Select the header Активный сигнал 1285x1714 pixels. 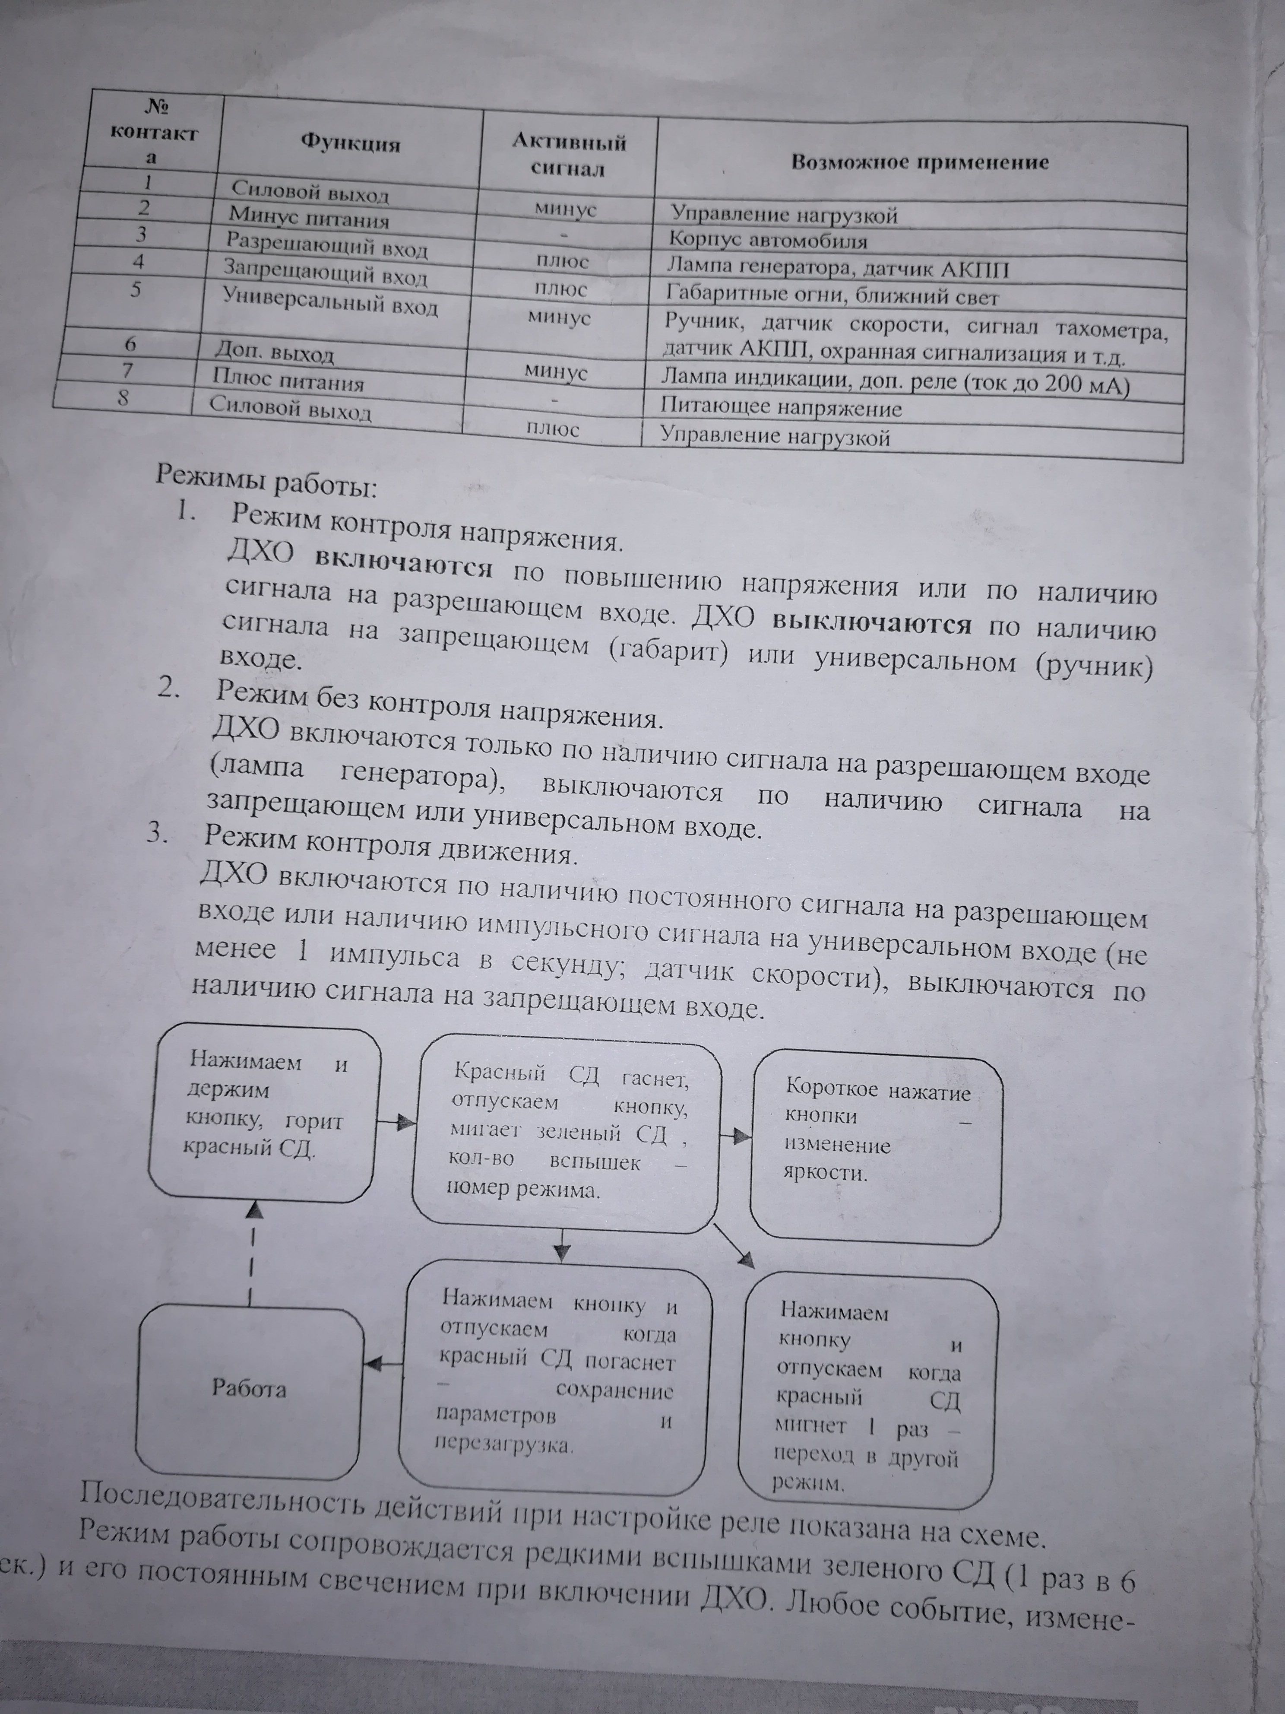point(569,155)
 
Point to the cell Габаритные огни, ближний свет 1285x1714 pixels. point(832,296)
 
